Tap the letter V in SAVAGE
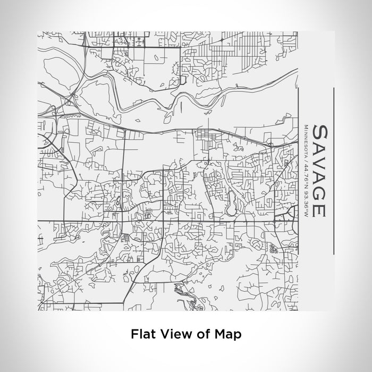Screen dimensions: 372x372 click(319, 163)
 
